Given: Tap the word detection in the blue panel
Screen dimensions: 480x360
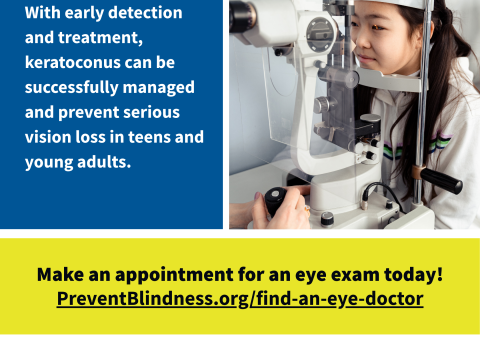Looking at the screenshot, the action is [145, 13].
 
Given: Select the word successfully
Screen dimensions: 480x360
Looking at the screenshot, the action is [72, 88].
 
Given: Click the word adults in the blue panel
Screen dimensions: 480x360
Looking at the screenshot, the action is [104, 162].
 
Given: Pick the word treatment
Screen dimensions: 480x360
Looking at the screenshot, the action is [101, 38].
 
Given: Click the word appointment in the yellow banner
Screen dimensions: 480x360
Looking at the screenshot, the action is [174, 275].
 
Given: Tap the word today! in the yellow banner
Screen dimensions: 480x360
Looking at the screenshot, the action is [414, 274].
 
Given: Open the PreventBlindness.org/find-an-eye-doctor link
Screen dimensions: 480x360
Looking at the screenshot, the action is [240, 298].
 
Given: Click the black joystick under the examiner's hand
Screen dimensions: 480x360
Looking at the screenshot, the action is [276, 201].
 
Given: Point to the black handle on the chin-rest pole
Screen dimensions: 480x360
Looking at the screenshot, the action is [441, 181].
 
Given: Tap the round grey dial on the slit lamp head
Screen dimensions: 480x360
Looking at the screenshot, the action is [320, 35].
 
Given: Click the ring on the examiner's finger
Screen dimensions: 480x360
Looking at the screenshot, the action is [307, 209].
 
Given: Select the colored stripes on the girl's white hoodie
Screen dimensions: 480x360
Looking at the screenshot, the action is [417, 146].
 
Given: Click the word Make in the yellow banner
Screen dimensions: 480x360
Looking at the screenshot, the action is [60, 274].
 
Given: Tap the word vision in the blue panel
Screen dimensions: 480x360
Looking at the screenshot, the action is [48, 137].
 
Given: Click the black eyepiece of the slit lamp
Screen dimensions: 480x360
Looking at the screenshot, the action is [241, 16].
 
